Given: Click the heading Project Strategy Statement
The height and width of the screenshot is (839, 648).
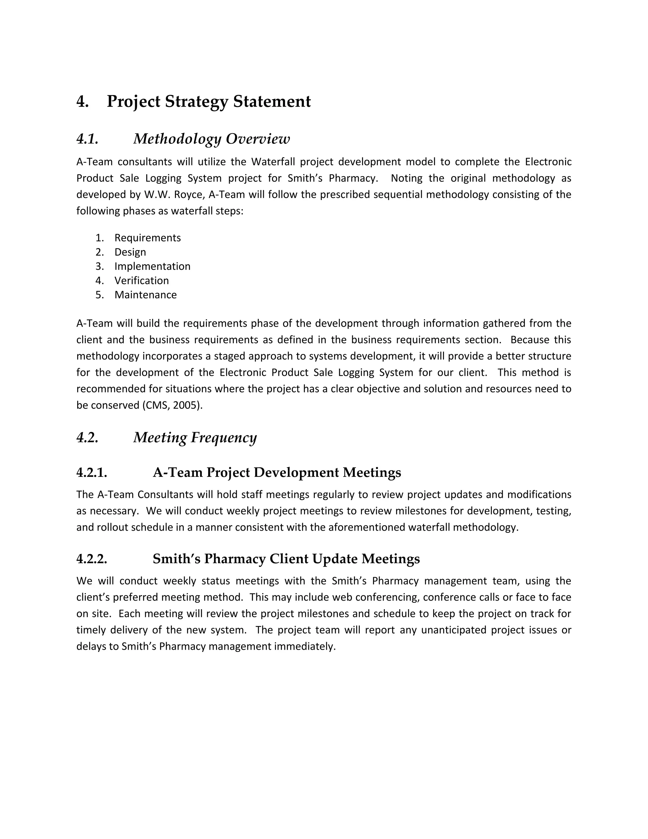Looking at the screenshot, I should pyautogui.click(x=209, y=101).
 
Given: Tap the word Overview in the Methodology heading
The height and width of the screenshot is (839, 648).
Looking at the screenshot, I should pyautogui.click(x=258, y=139).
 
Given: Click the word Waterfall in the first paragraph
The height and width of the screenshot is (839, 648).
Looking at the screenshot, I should pyautogui.click(x=273, y=162).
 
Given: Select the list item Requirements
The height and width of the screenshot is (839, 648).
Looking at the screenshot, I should pyautogui.click(x=147, y=238).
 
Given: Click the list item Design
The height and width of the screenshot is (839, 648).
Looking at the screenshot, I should pyautogui.click(x=130, y=252).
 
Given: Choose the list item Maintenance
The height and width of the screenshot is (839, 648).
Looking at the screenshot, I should pyautogui.click(x=146, y=295).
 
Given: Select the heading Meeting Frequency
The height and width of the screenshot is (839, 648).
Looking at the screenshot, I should pyautogui.click(x=195, y=437).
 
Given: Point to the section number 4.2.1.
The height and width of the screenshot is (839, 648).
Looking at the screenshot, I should pyautogui.click(x=92, y=472).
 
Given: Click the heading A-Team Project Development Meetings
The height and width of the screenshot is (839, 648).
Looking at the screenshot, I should pyautogui.click(x=277, y=472).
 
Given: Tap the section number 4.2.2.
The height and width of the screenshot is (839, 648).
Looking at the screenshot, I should pyautogui.click(x=92, y=558).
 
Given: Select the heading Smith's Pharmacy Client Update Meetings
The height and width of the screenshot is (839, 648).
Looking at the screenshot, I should pyautogui.click(x=286, y=558).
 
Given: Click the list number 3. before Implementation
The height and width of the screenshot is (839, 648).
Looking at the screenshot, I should pyautogui.click(x=99, y=266).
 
